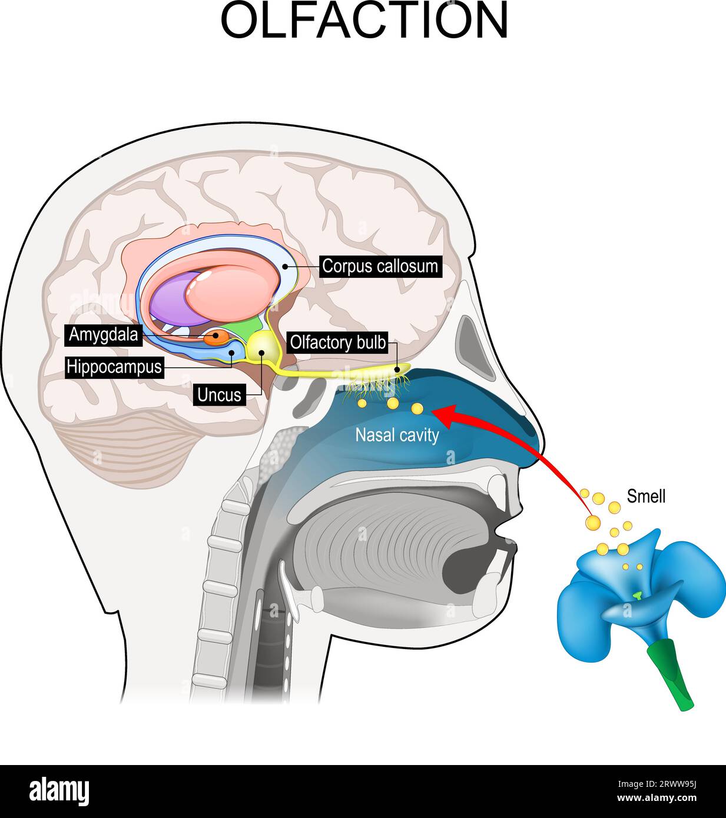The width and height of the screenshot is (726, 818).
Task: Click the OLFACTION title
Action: pyautogui.click(x=364, y=22)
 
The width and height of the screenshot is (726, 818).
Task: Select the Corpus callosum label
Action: pyautogui.click(x=380, y=266)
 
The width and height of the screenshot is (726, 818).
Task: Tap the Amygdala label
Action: pyautogui.click(x=104, y=335)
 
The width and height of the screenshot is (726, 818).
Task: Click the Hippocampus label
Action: pyautogui.click(x=114, y=367)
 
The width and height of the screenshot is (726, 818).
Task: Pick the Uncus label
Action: pyautogui.click(x=219, y=395)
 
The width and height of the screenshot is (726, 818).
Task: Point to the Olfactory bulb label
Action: pyautogui.click(x=337, y=343)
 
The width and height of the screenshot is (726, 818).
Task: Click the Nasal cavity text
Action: pyautogui.click(x=397, y=435)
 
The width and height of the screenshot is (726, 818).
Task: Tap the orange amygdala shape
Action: pyautogui.click(x=216, y=337)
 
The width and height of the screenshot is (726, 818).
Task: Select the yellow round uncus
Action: pyautogui.click(x=260, y=347)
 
